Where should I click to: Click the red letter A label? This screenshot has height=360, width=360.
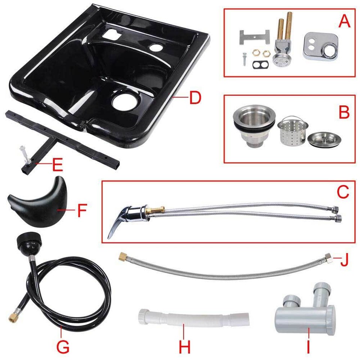344,21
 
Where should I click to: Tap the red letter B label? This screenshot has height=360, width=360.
344,111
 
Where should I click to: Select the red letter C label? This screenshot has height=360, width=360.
343,192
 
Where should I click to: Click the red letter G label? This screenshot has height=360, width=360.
63,346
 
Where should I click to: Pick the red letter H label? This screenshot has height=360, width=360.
184,346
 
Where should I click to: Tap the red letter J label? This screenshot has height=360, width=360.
343,259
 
